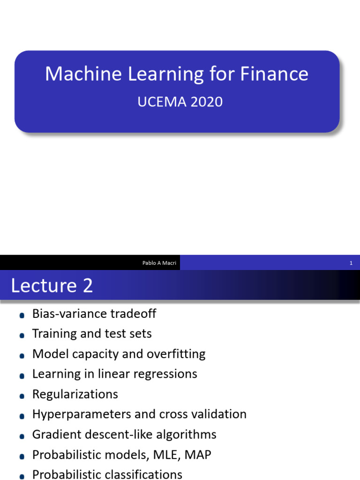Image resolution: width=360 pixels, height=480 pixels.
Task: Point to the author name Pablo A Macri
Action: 159,263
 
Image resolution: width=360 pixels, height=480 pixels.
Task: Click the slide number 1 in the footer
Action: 351,263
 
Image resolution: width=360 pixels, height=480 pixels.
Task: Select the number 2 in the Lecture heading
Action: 88,285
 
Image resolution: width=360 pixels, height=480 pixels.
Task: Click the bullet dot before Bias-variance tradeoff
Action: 22,315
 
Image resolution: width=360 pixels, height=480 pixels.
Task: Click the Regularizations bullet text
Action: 75,394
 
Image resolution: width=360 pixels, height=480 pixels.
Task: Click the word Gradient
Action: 53,435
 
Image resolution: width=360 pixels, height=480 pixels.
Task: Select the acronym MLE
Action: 173,455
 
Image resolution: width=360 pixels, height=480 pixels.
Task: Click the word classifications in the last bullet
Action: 143,474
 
